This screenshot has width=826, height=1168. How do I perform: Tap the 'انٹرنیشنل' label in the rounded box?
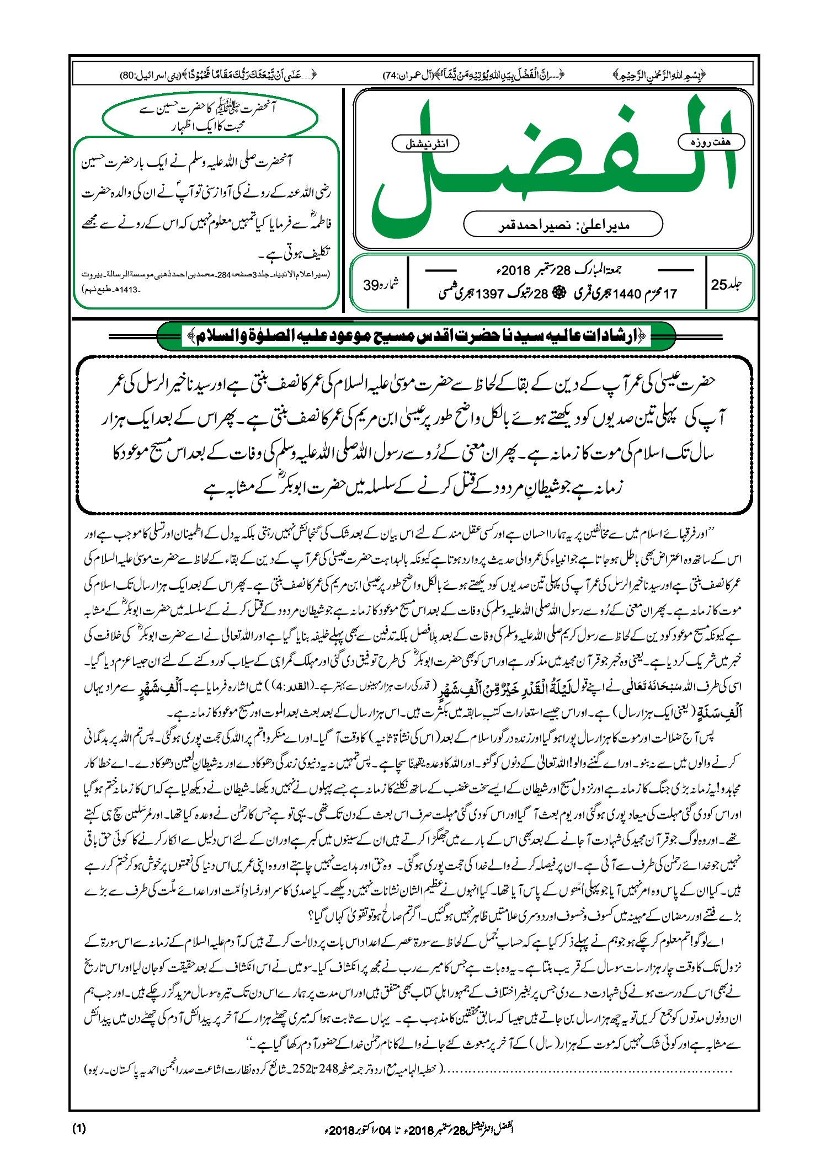coord(425,144)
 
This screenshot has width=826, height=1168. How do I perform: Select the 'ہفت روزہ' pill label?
coord(711,142)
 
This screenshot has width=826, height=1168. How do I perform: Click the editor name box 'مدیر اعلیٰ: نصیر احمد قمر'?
coord(563,225)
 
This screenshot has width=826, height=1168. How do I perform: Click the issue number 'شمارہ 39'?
coord(380,285)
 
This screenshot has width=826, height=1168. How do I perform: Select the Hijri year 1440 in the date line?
coord(625,294)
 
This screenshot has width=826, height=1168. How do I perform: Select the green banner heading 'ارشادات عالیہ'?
coord(417,336)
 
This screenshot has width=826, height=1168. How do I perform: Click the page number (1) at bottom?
coord(78,1128)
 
